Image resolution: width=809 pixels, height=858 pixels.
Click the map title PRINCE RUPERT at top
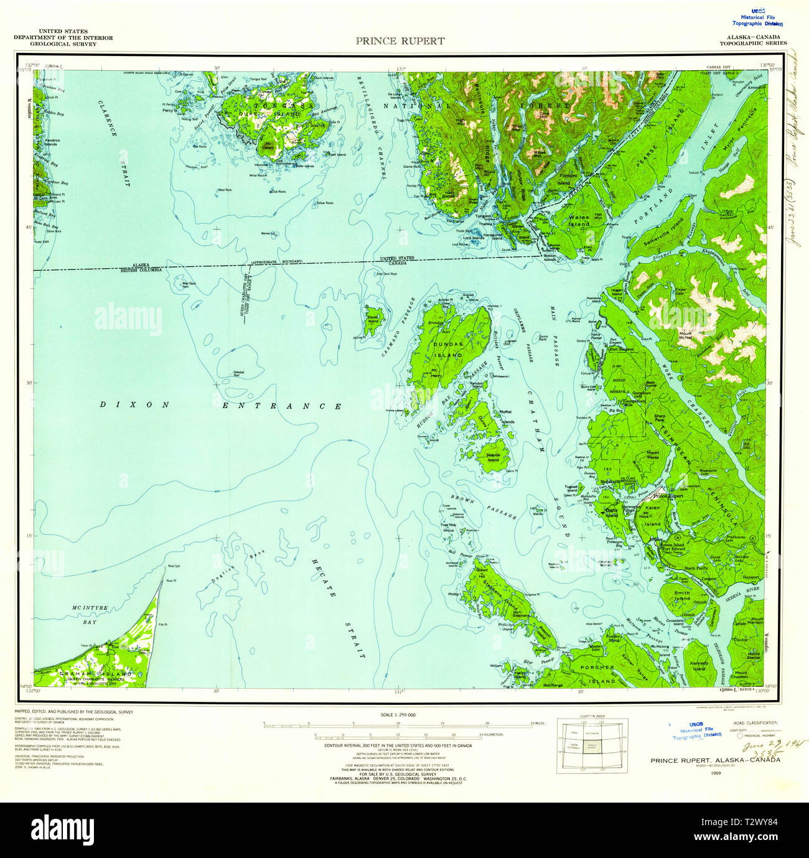(400, 41)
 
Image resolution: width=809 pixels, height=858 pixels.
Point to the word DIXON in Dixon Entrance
(134, 405)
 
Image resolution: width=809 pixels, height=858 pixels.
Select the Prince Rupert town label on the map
(667, 497)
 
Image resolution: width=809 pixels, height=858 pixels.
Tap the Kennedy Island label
(699, 665)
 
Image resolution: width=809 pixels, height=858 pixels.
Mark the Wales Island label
(579, 220)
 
